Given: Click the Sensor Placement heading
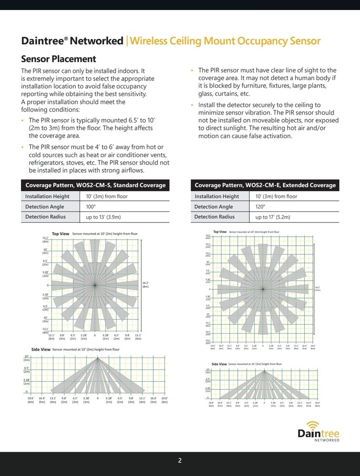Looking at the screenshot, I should tap(59, 59).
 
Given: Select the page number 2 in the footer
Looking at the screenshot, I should tap(180, 460).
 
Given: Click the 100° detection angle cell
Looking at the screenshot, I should tap(91, 207).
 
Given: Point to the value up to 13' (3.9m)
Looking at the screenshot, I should tap(103, 217).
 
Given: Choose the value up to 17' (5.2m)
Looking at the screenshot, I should tap(273, 217).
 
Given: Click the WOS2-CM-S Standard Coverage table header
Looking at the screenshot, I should tap(95, 185).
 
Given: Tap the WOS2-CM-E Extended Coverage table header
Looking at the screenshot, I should tap(265, 185).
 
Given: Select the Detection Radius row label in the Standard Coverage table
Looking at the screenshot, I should tap(45, 217).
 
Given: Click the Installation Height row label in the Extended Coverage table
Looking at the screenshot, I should tap(217, 196).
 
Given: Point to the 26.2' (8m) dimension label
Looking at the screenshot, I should tap(146, 285).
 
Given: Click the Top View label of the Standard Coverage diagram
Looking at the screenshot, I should tap(60, 234).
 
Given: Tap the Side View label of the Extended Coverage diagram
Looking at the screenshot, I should tap(219, 364).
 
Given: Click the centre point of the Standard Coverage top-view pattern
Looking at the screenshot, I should tap(95, 285).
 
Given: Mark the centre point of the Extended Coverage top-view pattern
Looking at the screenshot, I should tap(263, 288).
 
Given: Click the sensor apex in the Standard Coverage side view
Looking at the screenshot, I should tap(98, 357).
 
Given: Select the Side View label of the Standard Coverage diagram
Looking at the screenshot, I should tap(41, 349).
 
